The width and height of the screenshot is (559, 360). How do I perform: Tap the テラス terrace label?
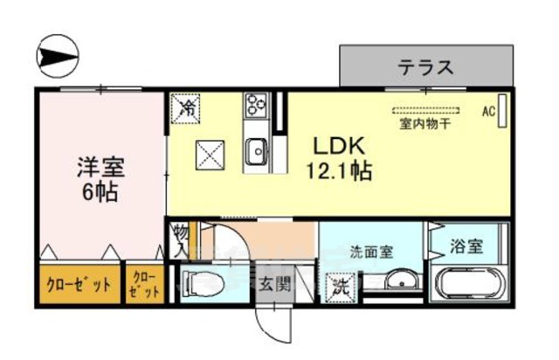tap(426, 66)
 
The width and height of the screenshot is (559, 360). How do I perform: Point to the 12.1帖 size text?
tap(340, 171)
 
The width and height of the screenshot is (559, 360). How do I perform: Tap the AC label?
tap(488, 112)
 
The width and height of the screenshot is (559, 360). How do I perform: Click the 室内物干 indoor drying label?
tap(425, 124)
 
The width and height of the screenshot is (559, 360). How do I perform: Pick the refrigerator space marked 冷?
tap(188, 109)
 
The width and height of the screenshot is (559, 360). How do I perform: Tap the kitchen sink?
tap(259, 152)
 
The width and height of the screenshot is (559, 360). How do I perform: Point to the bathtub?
tap(467, 285)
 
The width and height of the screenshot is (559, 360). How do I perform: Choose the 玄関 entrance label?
tap(274, 284)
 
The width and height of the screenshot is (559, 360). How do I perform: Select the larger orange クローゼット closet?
tap(78, 284)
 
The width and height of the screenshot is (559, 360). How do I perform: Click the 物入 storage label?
tap(179, 240)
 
